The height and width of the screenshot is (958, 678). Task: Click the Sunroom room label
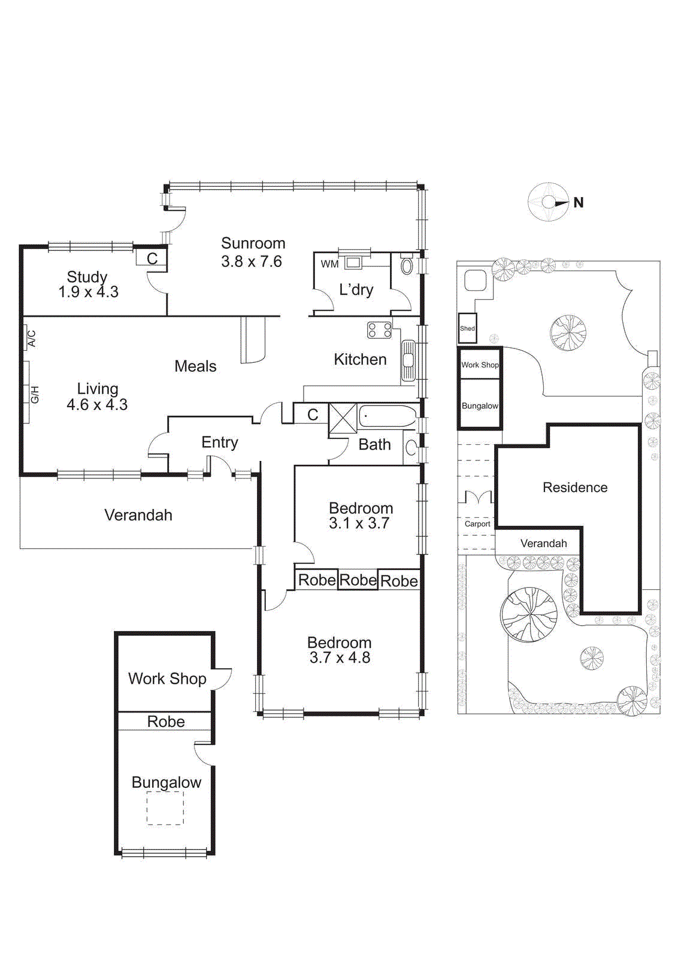[x=253, y=243]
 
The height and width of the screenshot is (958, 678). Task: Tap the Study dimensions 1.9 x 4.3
[x=88, y=292]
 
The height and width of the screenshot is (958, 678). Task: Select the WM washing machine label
[x=329, y=264]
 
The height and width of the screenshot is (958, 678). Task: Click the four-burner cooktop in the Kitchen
[x=380, y=330]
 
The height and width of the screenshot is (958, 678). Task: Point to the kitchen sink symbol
[x=408, y=360]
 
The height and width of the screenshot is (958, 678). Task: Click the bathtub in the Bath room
[x=387, y=416]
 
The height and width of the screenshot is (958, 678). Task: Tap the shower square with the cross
[x=343, y=419]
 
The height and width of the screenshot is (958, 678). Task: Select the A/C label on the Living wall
[x=32, y=338]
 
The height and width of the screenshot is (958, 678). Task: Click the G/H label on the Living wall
[x=34, y=395]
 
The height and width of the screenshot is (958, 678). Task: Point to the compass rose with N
[x=549, y=202]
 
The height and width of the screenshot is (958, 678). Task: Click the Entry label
[x=219, y=442]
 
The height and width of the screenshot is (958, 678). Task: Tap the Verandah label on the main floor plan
[x=138, y=515]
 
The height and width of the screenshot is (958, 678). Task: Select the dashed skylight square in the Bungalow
[x=165, y=808]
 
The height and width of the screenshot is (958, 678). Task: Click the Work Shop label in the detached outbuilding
[x=167, y=678]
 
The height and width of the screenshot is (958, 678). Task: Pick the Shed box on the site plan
[x=468, y=328]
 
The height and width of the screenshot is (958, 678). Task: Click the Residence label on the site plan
[x=575, y=487]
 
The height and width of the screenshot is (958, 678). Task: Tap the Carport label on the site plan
[x=477, y=524]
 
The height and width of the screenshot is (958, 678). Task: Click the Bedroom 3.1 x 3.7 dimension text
[x=359, y=523]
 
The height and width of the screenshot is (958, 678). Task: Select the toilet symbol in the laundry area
[x=407, y=266]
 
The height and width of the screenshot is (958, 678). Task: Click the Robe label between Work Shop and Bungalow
[x=166, y=721]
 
